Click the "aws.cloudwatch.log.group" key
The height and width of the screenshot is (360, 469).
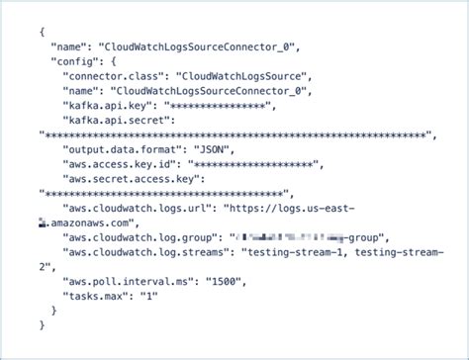tap(143, 236)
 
